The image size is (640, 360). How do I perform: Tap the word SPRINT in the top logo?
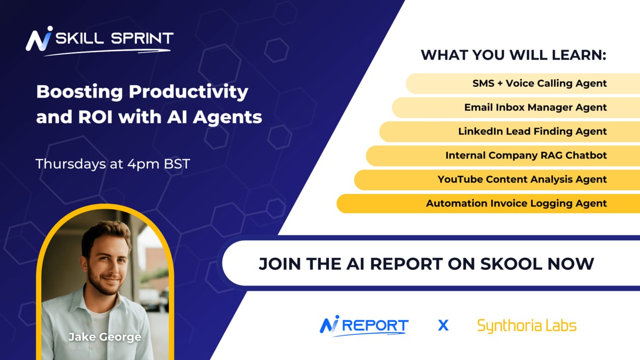142,38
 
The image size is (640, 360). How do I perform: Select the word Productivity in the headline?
188,92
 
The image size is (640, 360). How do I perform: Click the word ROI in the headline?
96,117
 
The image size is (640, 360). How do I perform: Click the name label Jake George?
105,337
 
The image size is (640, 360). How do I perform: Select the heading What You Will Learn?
513,55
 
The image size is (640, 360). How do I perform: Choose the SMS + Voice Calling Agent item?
539,83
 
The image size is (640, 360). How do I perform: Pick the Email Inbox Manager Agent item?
535,107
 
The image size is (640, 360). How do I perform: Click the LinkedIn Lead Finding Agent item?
533,131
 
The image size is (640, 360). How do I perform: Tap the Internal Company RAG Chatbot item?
526,155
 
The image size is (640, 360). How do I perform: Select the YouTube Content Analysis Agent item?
522,179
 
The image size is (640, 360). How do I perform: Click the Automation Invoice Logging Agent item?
516,204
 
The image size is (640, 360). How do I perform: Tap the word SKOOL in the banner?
511,263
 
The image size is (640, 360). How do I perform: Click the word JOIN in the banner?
280,263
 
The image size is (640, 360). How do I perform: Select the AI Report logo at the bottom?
364,326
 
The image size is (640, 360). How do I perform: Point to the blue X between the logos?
443,325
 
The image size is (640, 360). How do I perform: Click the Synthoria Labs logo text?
527,326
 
